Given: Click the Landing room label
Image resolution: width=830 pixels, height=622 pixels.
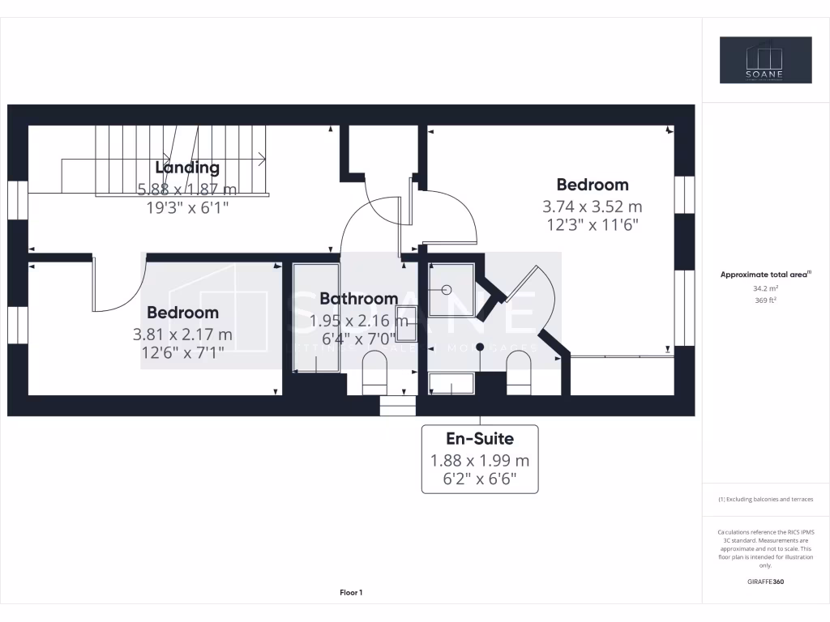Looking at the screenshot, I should [x=187, y=168].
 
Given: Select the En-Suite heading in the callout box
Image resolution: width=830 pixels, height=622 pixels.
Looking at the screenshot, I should [x=480, y=439].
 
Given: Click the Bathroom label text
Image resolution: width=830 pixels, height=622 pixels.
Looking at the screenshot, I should [x=358, y=299].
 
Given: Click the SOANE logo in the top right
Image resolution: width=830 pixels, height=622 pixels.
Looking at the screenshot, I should [x=765, y=60].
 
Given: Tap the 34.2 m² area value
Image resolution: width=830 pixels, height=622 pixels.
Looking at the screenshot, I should [x=765, y=288].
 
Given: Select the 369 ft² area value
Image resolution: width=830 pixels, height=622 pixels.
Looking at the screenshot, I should [x=765, y=300].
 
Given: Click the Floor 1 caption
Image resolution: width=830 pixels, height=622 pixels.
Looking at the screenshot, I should [x=351, y=593].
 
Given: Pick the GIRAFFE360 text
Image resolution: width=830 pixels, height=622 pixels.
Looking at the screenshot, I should [x=765, y=582].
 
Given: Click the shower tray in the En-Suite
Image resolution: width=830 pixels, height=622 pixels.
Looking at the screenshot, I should [x=451, y=289].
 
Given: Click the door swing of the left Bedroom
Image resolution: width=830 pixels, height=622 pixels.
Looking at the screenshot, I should [x=118, y=288].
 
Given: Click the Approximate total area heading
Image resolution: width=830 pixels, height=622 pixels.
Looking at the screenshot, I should [x=765, y=275].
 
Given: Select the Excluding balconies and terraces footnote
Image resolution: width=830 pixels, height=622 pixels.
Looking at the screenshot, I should [x=765, y=500].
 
